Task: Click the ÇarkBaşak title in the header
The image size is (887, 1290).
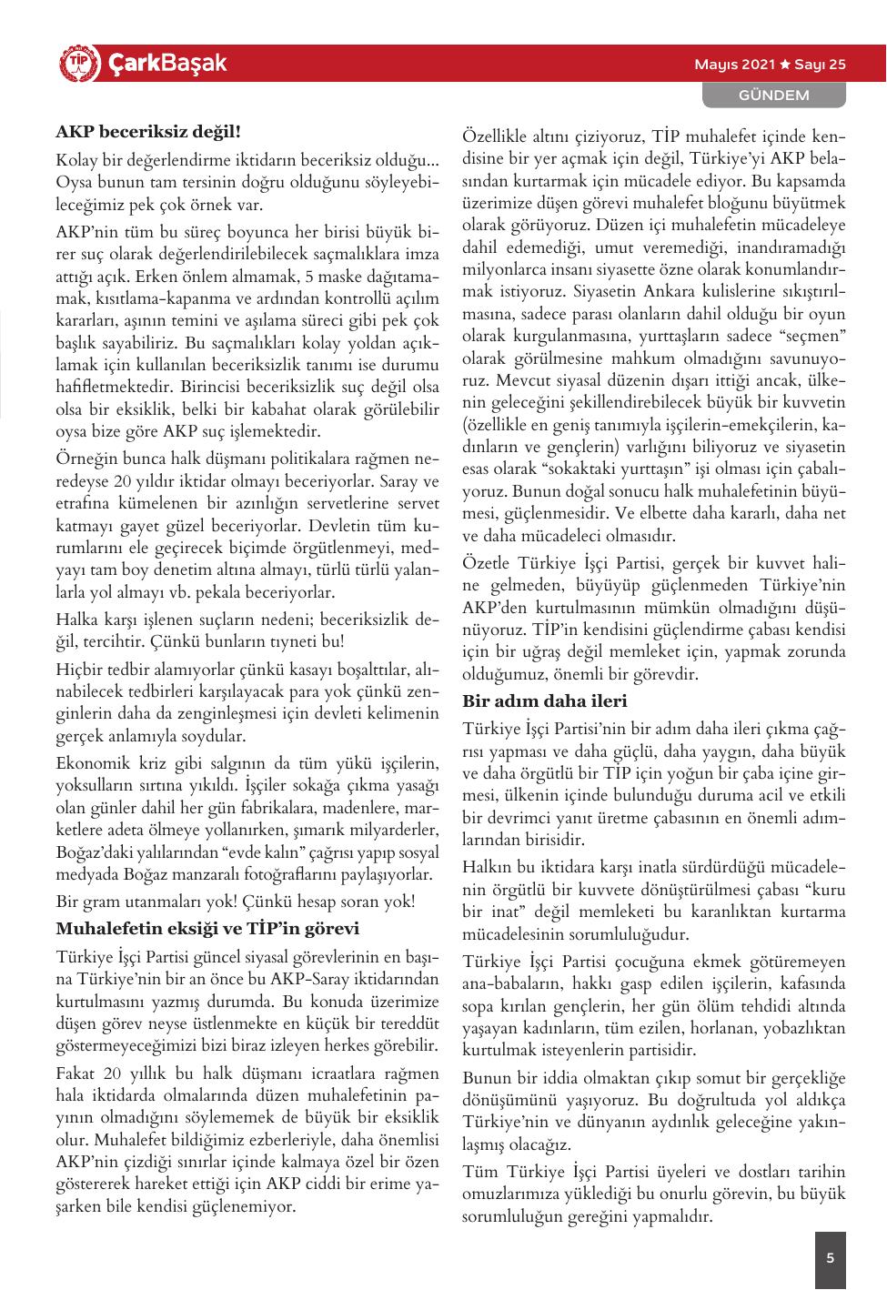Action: point(166,64)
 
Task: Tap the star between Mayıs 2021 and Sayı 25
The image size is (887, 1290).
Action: point(784,65)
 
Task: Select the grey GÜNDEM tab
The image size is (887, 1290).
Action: point(773,95)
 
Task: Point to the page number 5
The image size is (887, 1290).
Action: point(830,1259)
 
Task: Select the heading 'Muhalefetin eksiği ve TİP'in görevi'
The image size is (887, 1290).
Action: point(207,929)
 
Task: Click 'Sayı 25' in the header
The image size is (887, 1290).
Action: point(820,65)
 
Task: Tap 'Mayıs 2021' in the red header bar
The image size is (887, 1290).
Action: point(734,65)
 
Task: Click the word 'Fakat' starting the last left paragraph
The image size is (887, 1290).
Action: point(76,1074)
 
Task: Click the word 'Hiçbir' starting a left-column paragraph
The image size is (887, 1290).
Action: point(80,670)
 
